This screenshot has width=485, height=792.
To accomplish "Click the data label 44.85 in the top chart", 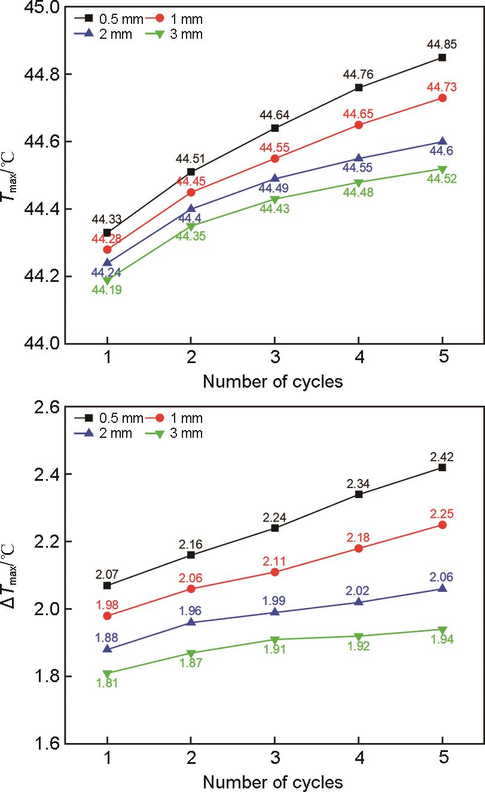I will [x=442, y=44].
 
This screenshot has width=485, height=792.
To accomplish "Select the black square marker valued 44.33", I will [x=107, y=232].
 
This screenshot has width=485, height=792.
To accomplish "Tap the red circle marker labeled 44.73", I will [x=443, y=98].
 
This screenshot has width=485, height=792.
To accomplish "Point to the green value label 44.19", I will [x=107, y=291].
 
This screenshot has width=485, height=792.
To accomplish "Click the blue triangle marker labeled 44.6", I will [x=443, y=142].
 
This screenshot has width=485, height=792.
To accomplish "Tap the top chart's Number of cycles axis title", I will [x=273, y=382].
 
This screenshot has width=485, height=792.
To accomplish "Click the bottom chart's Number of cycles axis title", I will [x=273, y=781].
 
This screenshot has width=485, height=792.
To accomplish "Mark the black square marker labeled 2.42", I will [x=443, y=467].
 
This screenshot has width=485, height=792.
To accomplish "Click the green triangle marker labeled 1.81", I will [x=107, y=673].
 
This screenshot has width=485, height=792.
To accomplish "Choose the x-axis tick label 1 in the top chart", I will [x=107, y=358].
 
